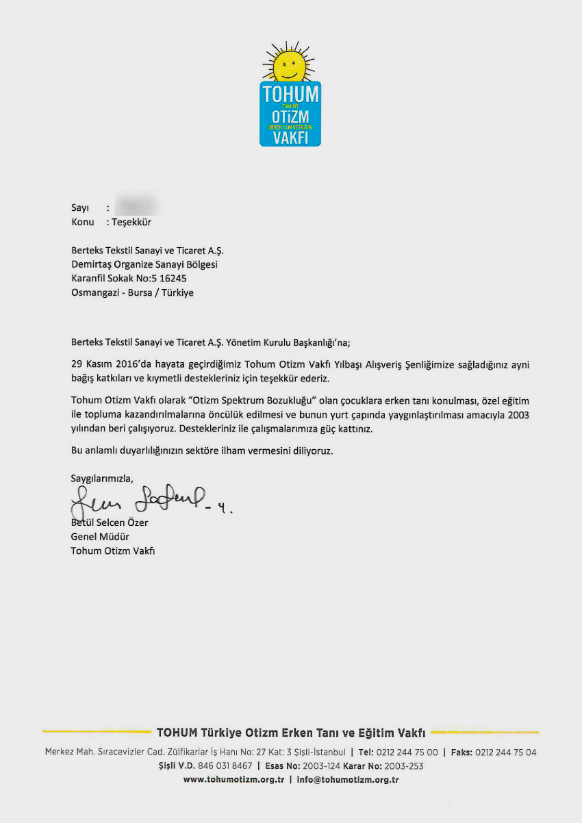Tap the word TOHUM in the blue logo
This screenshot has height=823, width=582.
pyautogui.click(x=290, y=93)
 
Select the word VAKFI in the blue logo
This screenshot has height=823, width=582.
pyautogui.click(x=290, y=136)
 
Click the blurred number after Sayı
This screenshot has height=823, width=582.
pyautogui.click(x=136, y=207)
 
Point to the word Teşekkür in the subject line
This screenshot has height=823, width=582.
pyautogui.click(x=132, y=223)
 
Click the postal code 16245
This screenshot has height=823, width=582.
pyautogui.click(x=174, y=279)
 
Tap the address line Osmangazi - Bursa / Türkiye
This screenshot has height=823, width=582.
pyautogui.click(x=132, y=292)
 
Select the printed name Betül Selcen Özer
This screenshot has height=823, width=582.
pyautogui.click(x=110, y=523)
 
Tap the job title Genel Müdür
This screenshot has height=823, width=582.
pyautogui.click(x=100, y=537)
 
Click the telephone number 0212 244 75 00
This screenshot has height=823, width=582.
pyautogui.click(x=407, y=752)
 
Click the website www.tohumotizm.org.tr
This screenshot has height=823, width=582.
pyautogui.click(x=233, y=780)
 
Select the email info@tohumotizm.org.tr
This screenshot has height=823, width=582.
pyautogui.click(x=348, y=780)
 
